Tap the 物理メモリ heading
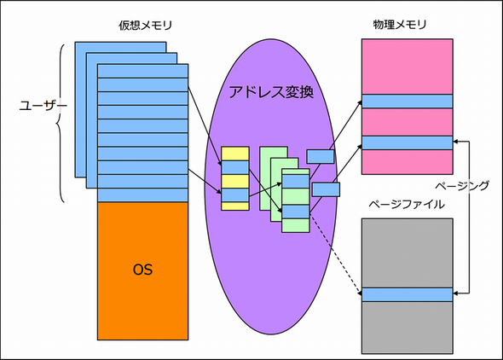point(406,26)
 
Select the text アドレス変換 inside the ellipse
point(272,90)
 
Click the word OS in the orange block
point(142,270)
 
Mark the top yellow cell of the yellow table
point(234,154)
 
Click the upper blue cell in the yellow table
point(234,168)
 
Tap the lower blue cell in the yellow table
point(234,195)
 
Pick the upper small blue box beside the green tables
point(321,156)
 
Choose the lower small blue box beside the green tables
point(326,189)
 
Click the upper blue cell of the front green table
point(295,182)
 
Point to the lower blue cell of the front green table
point(295,211)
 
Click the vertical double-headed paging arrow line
point(470,218)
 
